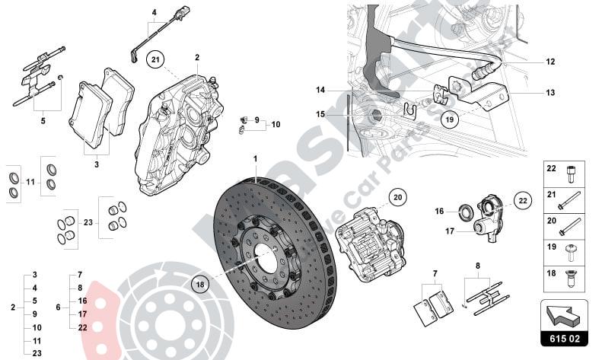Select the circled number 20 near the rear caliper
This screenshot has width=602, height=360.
coord(397,196)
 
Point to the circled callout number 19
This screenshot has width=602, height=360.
coord(450,119)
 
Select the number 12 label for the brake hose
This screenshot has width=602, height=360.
coord(550,62)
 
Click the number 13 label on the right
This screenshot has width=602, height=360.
coord(550,93)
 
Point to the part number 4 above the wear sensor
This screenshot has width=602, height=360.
coord(153,12)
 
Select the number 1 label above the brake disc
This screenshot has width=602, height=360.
coord(256,159)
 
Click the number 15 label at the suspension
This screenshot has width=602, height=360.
coord(320,114)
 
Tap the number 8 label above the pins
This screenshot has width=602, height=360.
coord(477,266)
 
